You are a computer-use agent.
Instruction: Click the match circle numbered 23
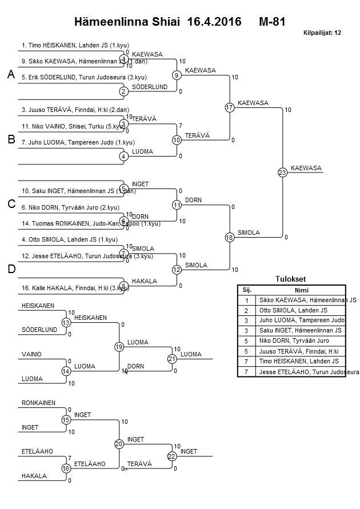[x=282, y=173]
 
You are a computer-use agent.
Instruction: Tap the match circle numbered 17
[x=229, y=107]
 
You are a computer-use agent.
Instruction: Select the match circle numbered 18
[x=229, y=237]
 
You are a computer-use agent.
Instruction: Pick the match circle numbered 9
[x=177, y=75]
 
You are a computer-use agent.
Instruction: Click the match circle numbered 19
[x=119, y=347]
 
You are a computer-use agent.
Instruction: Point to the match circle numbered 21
[x=171, y=359]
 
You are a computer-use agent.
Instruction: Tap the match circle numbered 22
[x=171, y=456]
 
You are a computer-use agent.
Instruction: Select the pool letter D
[x=11, y=269]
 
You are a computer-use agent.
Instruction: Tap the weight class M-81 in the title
[x=271, y=22]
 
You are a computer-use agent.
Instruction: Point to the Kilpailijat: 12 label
[x=322, y=33]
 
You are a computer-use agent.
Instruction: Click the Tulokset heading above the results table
[x=291, y=279]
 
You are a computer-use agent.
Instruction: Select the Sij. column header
[x=247, y=290]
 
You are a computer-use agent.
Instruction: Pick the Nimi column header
[x=301, y=290]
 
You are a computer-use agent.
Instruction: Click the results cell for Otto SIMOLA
[x=301, y=310]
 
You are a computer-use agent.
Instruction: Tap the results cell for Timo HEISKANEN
[x=301, y=362]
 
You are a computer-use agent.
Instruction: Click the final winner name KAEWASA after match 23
[x=306, y=168]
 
